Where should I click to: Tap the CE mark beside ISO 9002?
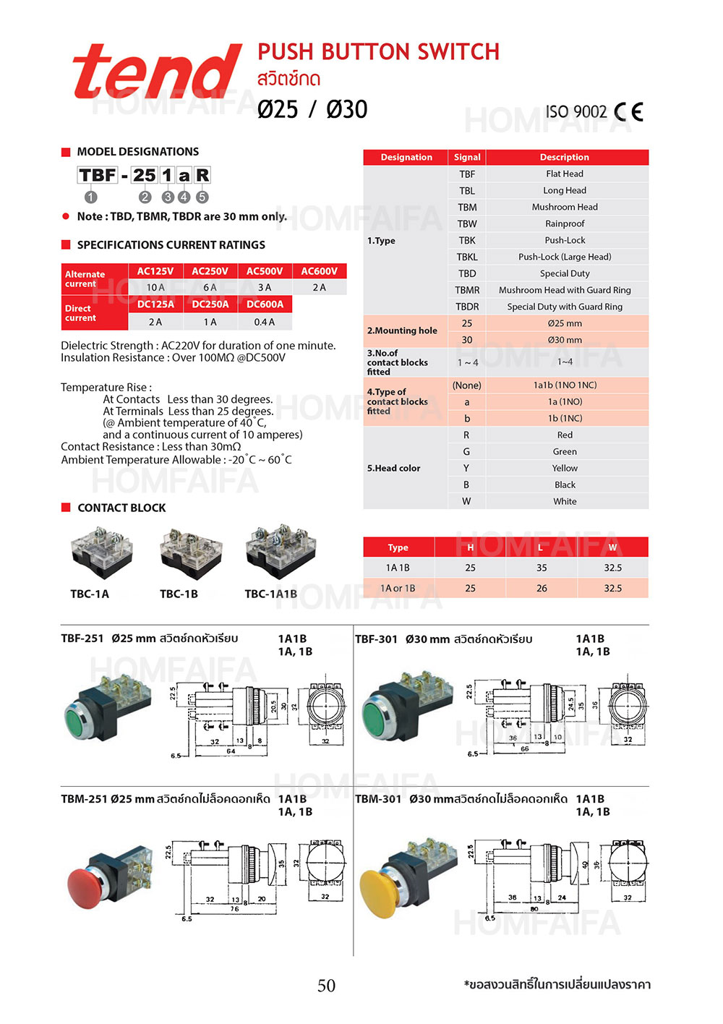point(628,112)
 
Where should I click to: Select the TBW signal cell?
point(467,223)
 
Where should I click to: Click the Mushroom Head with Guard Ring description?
point(565,290)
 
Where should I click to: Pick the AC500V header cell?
point(265,271)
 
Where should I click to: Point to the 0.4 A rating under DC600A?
point(265,322)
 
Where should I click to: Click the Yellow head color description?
point(565,468)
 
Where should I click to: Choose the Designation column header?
point(406,157)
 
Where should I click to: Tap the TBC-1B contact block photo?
point(190,554)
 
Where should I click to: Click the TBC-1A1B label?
point(270,594)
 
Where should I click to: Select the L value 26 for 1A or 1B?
point(542,588)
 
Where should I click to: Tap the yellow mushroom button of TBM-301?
point(383,891)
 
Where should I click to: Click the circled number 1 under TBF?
point(90,197)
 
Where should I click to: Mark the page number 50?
point(326,986)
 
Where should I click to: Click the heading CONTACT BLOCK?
point(121,508)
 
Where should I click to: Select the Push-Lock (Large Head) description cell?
point(565,257)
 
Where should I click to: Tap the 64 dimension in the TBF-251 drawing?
point(231,751)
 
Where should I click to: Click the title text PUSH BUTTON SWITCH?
point(378,52)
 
